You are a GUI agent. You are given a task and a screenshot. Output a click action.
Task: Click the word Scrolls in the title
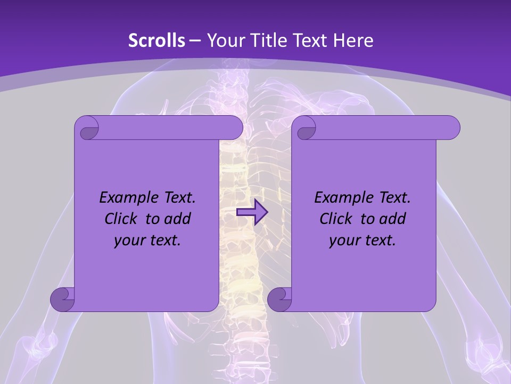[156, 41]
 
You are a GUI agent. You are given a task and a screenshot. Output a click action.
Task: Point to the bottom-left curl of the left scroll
[62, 299]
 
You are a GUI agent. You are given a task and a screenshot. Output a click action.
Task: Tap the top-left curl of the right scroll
[306, 129]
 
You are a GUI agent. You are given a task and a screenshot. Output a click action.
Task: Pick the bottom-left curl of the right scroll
[279, 299]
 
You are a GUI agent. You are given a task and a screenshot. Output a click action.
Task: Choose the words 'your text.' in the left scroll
[147, 241]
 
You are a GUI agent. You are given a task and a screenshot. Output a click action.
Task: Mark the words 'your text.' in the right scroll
[362, 241]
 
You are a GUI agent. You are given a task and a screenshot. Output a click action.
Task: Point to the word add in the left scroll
[177, 219]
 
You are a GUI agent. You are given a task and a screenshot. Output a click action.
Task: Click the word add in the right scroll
[392, 219]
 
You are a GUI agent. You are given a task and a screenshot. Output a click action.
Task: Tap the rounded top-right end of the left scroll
[234, 128]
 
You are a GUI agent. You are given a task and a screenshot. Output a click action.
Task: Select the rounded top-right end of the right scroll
[451, 128]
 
